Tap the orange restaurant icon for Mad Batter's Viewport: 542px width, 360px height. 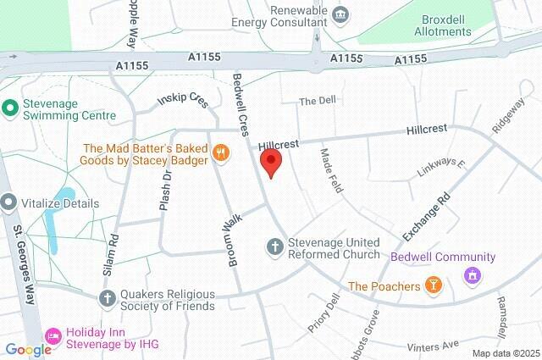(221, 152)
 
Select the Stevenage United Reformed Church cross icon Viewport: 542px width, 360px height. (275, 246)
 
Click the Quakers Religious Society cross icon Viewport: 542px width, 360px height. (107, 297)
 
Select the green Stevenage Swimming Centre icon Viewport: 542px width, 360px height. (10, 108)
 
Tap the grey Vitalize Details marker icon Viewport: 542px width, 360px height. (9, 203)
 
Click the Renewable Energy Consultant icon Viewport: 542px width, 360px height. (340, 14)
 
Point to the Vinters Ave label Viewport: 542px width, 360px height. (433, 345)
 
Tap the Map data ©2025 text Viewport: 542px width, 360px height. (505, 353)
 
